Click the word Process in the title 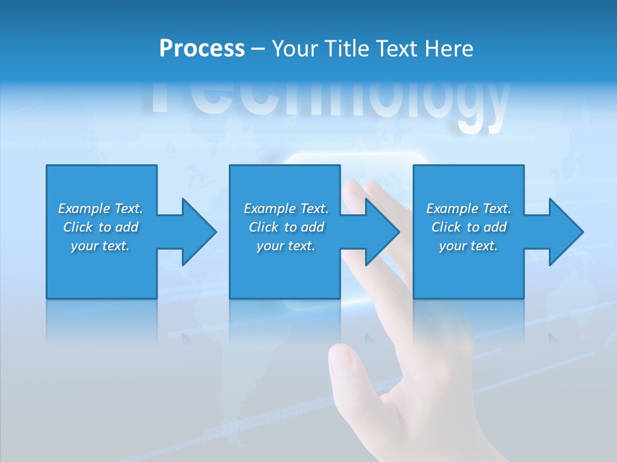(202, 49)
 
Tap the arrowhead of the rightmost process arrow (565, 232)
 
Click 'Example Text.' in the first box (100, 209)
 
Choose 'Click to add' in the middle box (286, 227)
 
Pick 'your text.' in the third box (469, 246)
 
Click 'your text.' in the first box (100, 246)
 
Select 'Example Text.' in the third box (469, 209)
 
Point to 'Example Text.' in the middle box (286, 209)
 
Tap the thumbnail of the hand (341, 361)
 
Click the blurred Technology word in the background (328, 103)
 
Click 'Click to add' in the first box (100, 227)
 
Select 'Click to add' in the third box (469, 227)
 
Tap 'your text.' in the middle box (286, 246)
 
